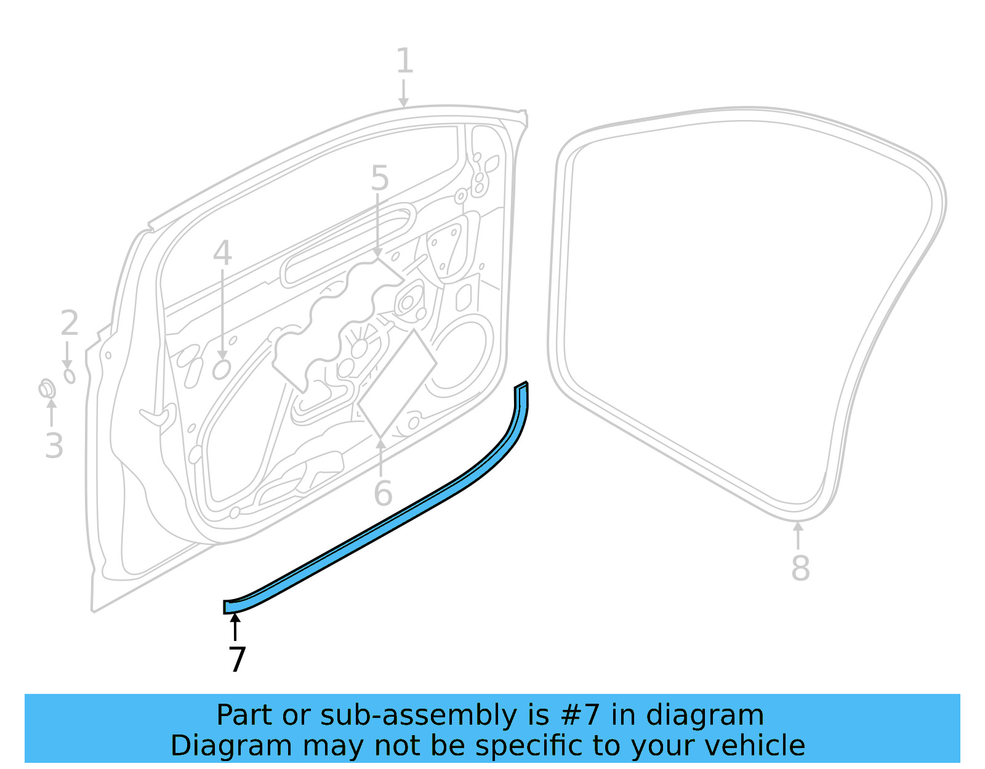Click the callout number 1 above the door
coord(404,62)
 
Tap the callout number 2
coord(70,323)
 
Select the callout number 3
coord(54,445)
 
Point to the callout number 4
coord(222,253)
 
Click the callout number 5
coord(380,179)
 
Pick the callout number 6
coord(383,493)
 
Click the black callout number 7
coord(237,659)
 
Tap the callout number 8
coord(800,568)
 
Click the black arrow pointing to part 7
coord(235,627)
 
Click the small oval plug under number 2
coord(70,375)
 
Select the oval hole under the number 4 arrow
coord(221,369)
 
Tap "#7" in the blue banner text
coord(581,715)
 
